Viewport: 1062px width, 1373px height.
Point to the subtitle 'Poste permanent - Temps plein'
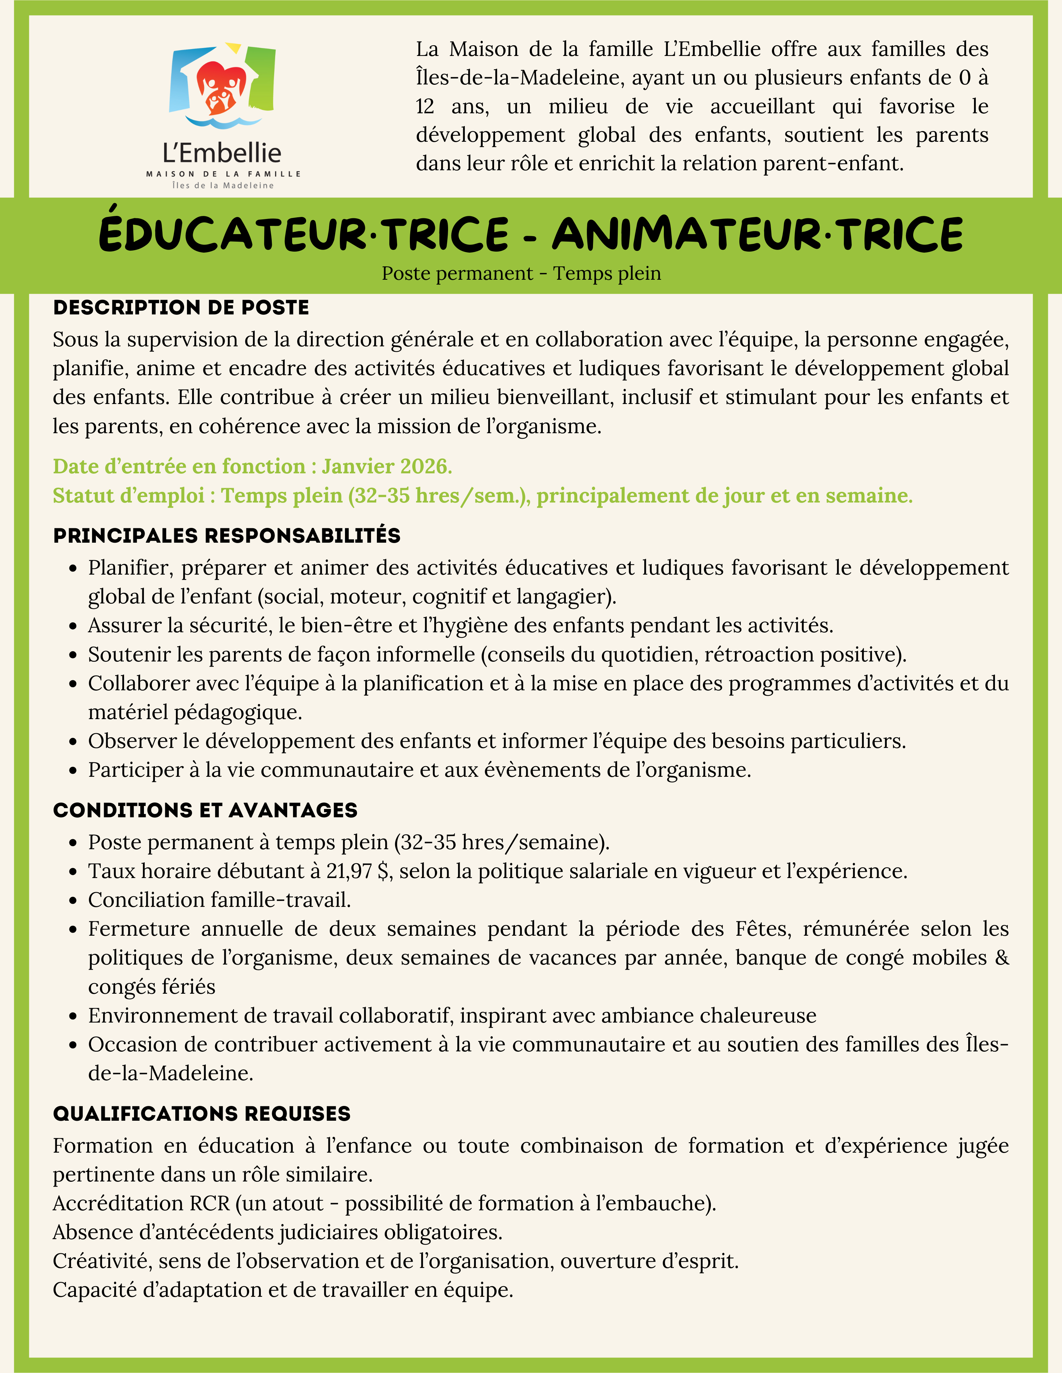pos(521,274)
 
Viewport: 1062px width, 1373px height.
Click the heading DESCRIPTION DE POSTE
pos(181,308)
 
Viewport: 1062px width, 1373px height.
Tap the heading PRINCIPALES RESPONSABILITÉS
pos(226,535)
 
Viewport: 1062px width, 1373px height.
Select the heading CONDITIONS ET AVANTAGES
pos(205,810)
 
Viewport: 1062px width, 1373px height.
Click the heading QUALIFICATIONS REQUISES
pos(201,1114)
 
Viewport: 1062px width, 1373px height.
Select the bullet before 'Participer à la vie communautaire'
pos(74,771)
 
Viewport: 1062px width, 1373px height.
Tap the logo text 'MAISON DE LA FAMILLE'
pos(223,173)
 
